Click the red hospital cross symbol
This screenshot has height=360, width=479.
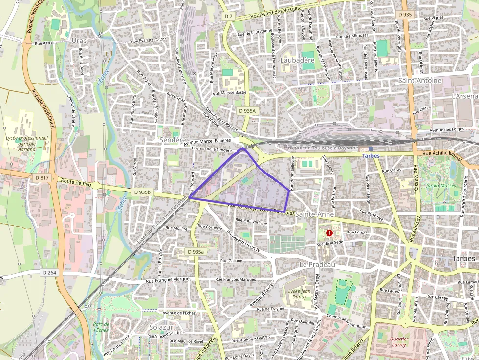(329, 233)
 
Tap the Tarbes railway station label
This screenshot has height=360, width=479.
(370, 155)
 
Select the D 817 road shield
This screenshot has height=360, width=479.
(43, 178)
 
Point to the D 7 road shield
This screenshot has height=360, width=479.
(229, 17)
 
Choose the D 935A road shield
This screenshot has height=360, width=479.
(247, 111)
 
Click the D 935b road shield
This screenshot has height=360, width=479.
(141, 192)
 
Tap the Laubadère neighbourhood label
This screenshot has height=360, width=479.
(298, 60)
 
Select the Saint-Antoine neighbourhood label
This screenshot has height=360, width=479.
(420, 80)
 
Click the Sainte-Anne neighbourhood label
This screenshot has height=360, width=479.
(314, 214)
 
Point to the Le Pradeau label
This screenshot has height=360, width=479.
(317, 264)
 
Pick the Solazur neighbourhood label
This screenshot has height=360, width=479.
(161, 326)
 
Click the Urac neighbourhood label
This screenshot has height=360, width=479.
(79, 41)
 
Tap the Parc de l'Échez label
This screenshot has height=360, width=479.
(101, 327)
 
